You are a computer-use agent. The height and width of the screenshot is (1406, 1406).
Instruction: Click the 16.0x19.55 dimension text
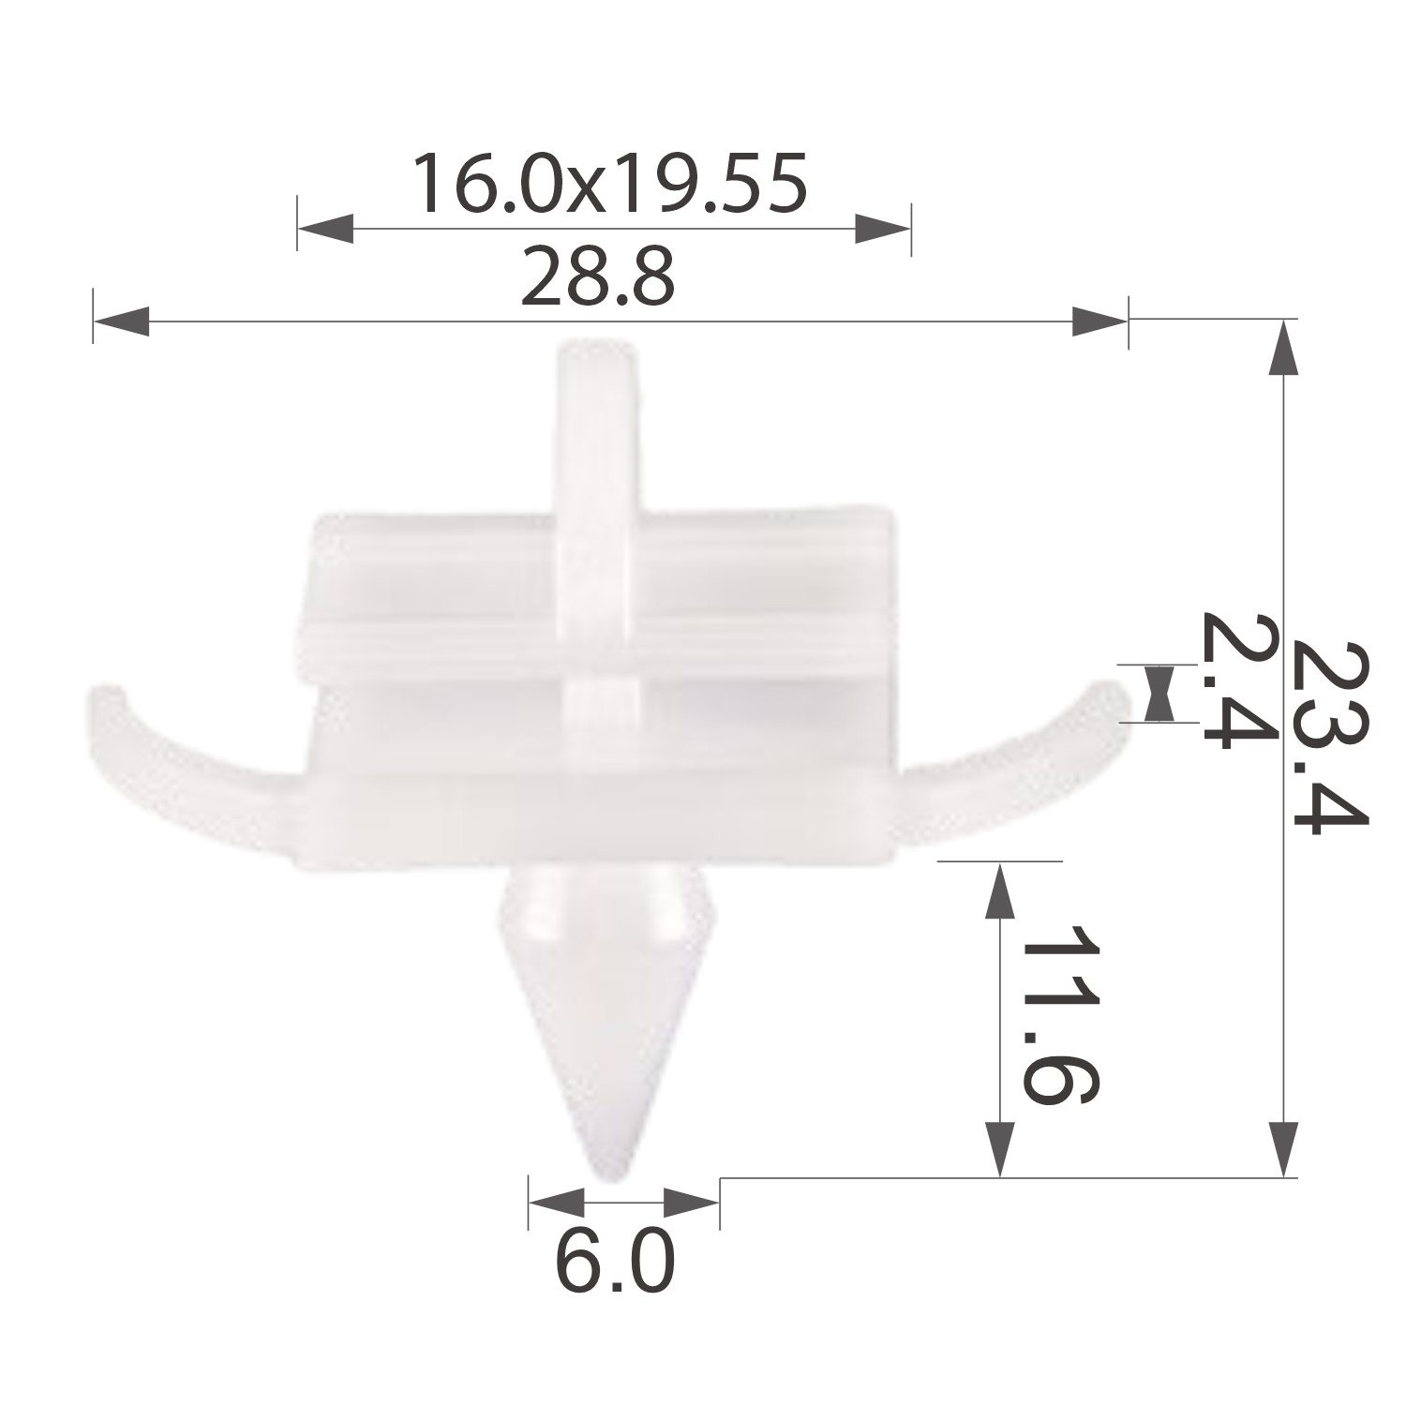click(x=610, y=184)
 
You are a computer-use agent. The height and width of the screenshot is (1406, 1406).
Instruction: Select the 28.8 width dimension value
click(x=598, y=277)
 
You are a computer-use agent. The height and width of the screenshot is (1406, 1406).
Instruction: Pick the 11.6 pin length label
click(x=1059, y=1014)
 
